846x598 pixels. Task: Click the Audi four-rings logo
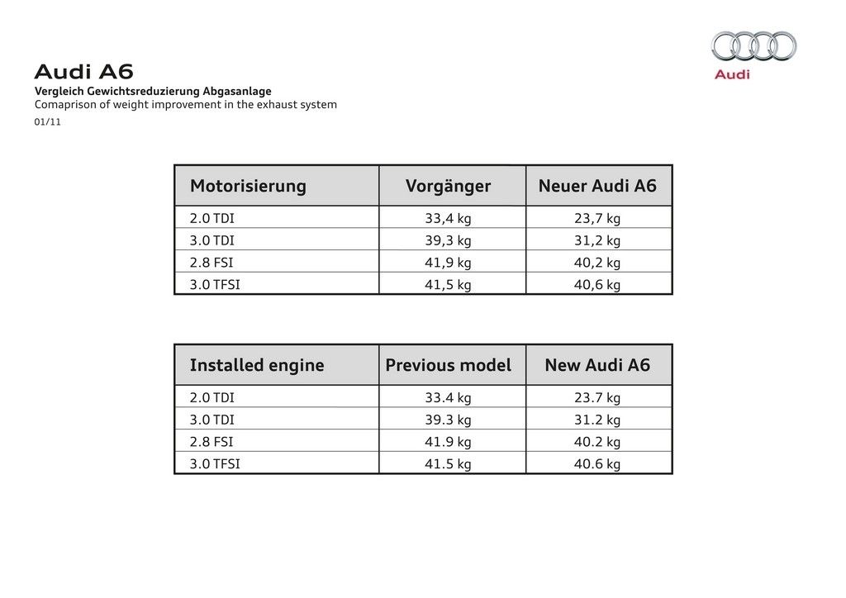(753, 46)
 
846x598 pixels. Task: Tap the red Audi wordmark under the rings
(732, 74)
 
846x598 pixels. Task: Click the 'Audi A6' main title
(83, 72)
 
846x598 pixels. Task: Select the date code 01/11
(48, 122)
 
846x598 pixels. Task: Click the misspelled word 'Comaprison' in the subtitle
(64, 105)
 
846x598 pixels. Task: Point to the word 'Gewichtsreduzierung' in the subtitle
(137, 91)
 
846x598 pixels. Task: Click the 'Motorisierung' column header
(248, 186)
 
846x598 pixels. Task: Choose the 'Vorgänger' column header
(448, 186)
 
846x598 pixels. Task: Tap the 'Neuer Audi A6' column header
(597, 186)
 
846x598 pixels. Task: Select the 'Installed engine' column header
(257, 365)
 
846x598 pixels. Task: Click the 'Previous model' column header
(448, 365)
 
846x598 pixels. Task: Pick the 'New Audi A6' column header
(597, 365)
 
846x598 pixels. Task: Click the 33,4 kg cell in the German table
(448, 219)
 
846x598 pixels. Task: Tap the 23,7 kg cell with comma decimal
(597, 219)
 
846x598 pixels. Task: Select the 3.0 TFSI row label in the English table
(215, 463)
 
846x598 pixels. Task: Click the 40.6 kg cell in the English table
(597, 463)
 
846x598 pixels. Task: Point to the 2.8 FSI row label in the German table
(211, 263)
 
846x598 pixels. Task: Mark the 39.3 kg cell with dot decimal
(448, 420)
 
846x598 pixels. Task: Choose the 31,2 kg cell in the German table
(597, 240)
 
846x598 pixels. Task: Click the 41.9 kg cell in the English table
(448, 442)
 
